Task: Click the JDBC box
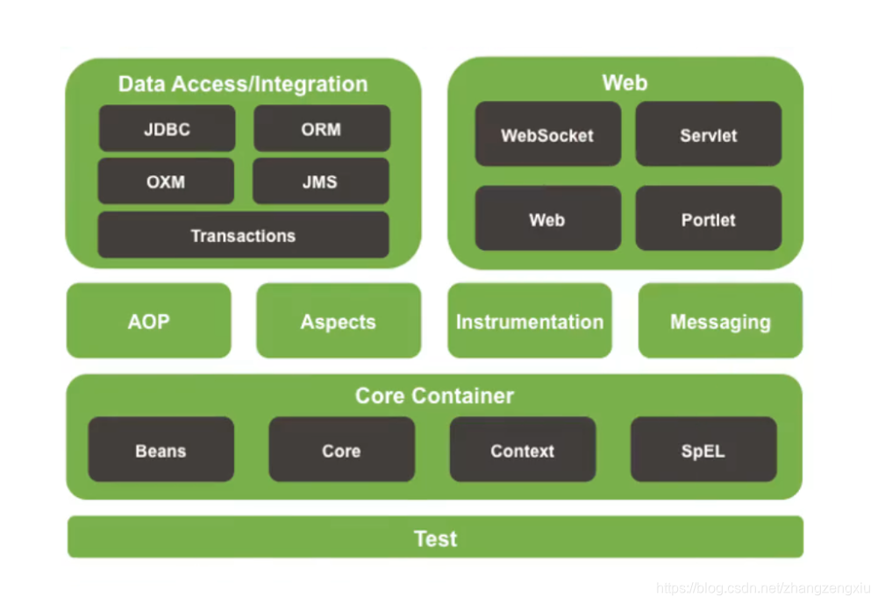pos(167,129)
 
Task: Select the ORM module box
pos(322,129)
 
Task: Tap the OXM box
pos(166,181)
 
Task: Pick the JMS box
pos(320,181)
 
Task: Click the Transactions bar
pos(243,235)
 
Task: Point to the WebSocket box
pos(547,134)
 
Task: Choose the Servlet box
pos(708,134)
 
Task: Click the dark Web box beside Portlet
pos(547,218)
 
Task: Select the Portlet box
pos(708,218)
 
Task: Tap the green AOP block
pos(148,321)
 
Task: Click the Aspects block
pos(339,321)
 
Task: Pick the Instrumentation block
pos(530,321)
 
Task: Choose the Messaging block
pos(720,321)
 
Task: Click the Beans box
pos(161,450)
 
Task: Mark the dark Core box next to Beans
pos(341,450)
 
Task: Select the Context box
pos(522,450)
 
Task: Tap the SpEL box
pos(703,450)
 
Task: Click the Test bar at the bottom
pos(435,537)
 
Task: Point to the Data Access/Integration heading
pos(243,84)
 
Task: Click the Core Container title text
pos(434,395)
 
